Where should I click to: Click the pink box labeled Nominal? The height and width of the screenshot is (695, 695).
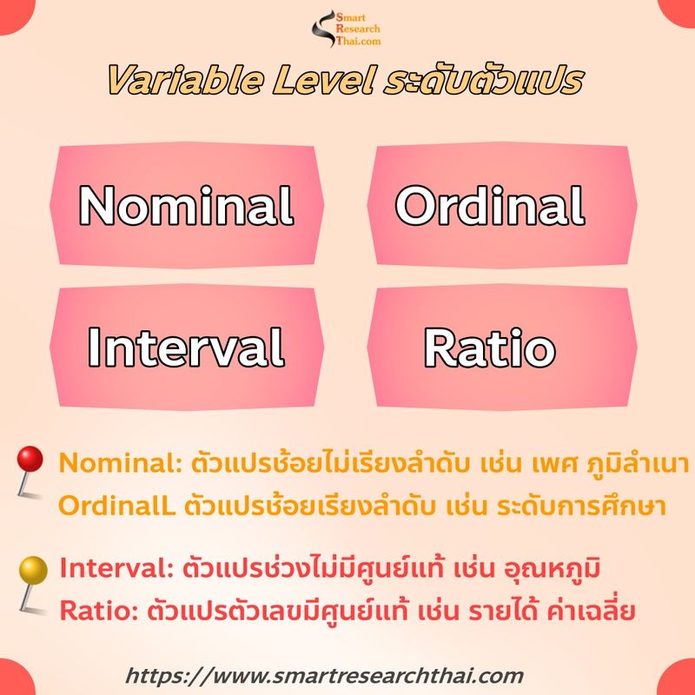186,205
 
